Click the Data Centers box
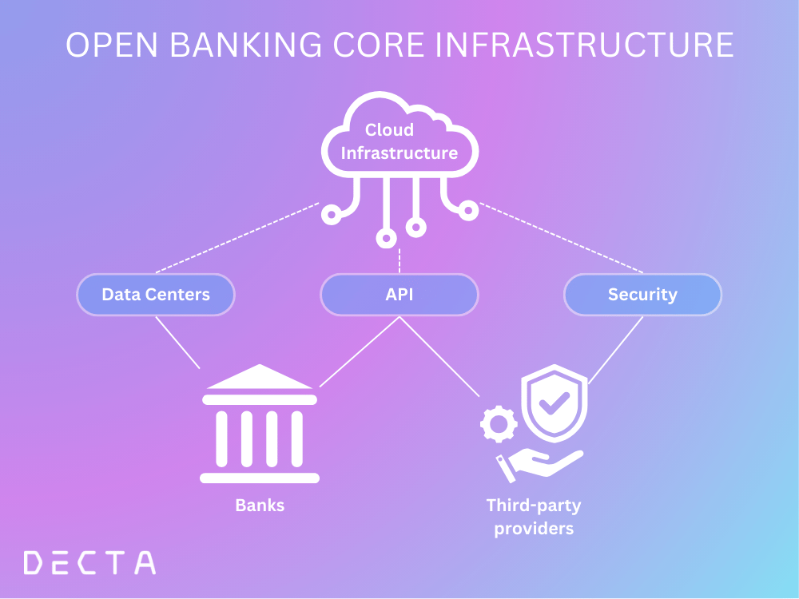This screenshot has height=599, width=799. pos(156,295)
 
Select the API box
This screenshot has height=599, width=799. pos(399,295)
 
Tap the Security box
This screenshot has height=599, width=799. pos(642,295)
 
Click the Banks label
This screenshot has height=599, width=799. pos(260,506)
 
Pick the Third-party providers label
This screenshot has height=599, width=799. pos(534,517)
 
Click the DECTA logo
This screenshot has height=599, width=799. pos(89,563)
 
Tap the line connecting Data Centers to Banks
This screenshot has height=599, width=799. pos(177,342)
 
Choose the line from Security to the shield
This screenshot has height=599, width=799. pos(615,350)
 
